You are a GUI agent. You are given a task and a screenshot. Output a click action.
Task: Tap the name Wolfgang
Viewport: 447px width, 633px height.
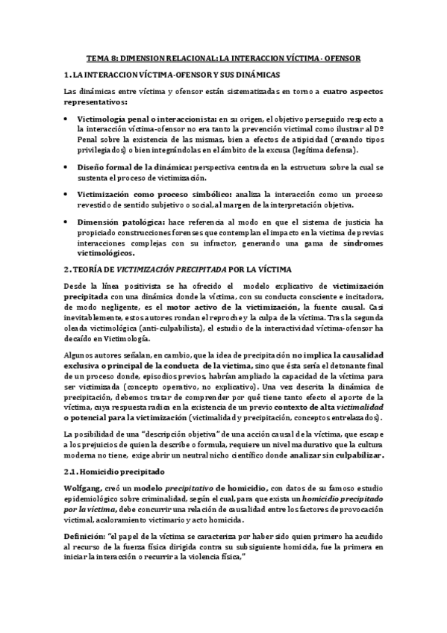[x=83, y=490]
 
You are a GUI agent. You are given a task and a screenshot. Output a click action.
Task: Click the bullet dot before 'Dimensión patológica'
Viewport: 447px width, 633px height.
[x=69, y=222]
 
